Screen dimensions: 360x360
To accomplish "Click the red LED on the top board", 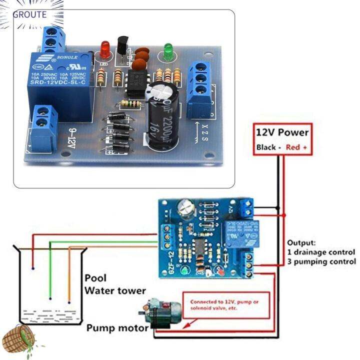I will click(x=105, y=48).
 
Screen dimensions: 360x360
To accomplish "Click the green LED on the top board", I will click(x=168, y=50).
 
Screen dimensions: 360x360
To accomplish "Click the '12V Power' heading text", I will click(x=282, y=133).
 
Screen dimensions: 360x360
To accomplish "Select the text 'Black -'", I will click(x=269, y=147).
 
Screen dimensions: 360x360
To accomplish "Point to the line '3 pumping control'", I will click(x=321, y=261).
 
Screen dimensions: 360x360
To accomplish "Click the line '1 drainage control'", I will click(x=321, y=252).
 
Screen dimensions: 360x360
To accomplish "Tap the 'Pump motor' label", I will click(x=117, y=328).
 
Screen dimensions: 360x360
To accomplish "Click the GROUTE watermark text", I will click(x=29, y=14).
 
